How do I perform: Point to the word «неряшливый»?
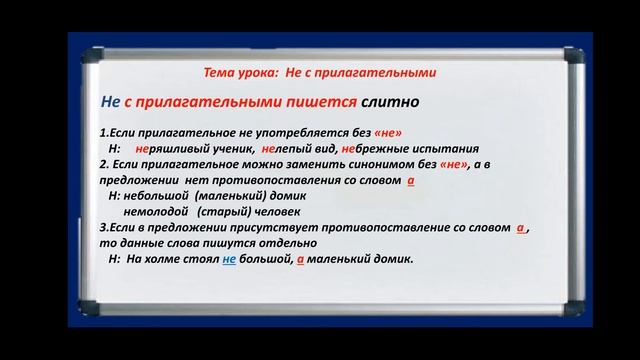[168, 146]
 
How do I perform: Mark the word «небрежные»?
[376, 146]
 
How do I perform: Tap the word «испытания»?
[449, 146]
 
